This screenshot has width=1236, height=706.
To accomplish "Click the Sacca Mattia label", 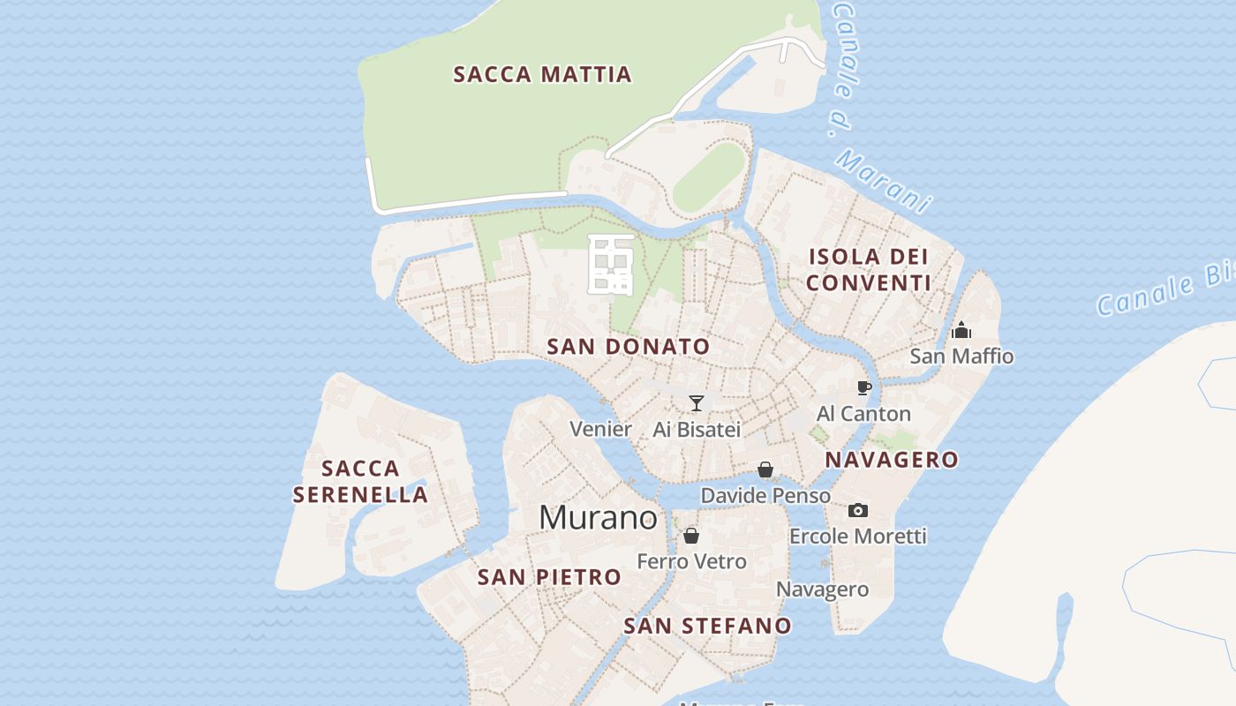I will click(x=542, y=74).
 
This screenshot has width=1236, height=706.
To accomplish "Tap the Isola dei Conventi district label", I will click(x=869, y=270).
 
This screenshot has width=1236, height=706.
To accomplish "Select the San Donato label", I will click(x=629, y=347).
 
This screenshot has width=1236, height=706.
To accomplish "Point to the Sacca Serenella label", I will click(x=360, y=481).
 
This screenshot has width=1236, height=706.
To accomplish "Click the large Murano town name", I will click(x=598, y=518).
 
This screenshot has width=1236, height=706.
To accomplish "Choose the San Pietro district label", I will click(x=549, y=577).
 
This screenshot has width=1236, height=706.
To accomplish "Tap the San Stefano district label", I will click(x=707, y=626).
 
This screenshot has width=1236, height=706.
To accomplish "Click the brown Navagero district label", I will click(x=891, y=459).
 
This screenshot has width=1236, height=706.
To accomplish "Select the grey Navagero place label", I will click(x=822, y=590).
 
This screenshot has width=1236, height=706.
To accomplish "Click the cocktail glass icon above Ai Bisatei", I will click(x=697, y=403).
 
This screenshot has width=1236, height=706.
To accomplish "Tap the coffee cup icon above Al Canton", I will click(x=864, y=387).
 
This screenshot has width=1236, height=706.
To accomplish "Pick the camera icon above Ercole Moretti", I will click(x=857, y=510).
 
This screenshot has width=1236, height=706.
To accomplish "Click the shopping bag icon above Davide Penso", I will click(x=765, y=469).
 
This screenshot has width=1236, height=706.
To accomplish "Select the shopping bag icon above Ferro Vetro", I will click(x=691, y=536).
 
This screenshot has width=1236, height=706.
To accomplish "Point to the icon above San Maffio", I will click(x=961, y=331).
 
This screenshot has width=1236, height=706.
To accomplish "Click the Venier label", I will click(x=600, y=430).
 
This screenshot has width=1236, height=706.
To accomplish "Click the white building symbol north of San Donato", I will click(x=610, y=265).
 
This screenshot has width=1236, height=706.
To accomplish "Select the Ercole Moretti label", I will click(x=857, y=536).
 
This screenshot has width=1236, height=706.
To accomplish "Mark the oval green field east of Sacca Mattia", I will click(x=709, y=176).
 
